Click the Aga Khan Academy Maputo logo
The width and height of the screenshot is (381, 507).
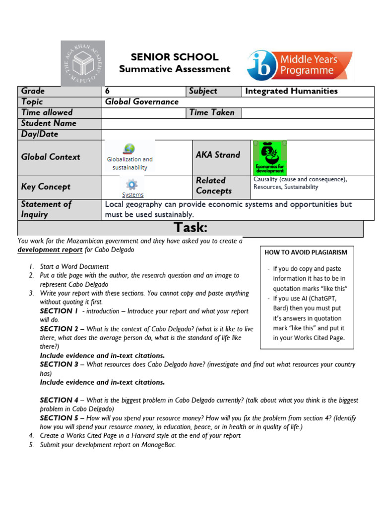83,63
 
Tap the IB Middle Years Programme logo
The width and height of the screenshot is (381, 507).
300,65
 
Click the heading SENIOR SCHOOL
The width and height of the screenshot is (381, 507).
175,57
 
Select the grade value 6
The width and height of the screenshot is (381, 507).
108,91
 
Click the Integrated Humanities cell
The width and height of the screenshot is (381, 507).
291,91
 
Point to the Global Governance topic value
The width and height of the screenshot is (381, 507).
141,102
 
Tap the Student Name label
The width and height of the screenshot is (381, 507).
49,123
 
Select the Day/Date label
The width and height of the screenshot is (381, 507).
40,134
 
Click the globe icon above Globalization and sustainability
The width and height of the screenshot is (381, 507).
129,149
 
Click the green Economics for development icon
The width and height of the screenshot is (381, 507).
270,157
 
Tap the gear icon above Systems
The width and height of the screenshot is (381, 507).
131,185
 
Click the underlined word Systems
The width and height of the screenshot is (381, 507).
132,195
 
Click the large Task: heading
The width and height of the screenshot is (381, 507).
190,228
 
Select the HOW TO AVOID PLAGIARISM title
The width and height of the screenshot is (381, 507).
306,252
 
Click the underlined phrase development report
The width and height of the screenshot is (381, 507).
50,250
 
